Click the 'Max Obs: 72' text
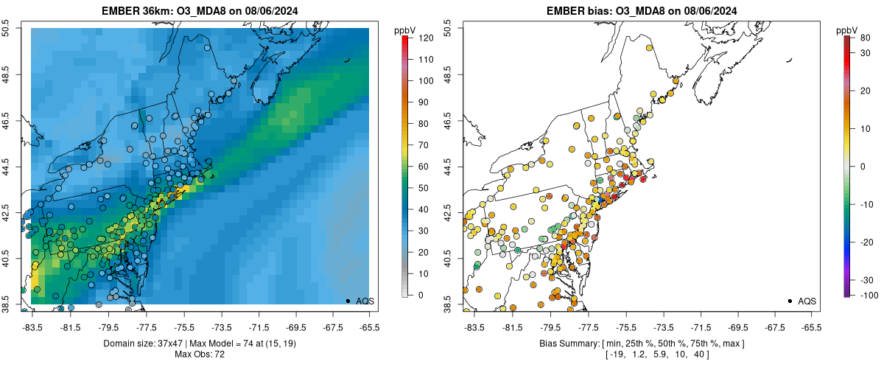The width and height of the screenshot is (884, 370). (x=200, y=355)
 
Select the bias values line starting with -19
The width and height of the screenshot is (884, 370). (x=642, y=355)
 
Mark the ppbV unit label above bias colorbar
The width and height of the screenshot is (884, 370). (x=848, y=30)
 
